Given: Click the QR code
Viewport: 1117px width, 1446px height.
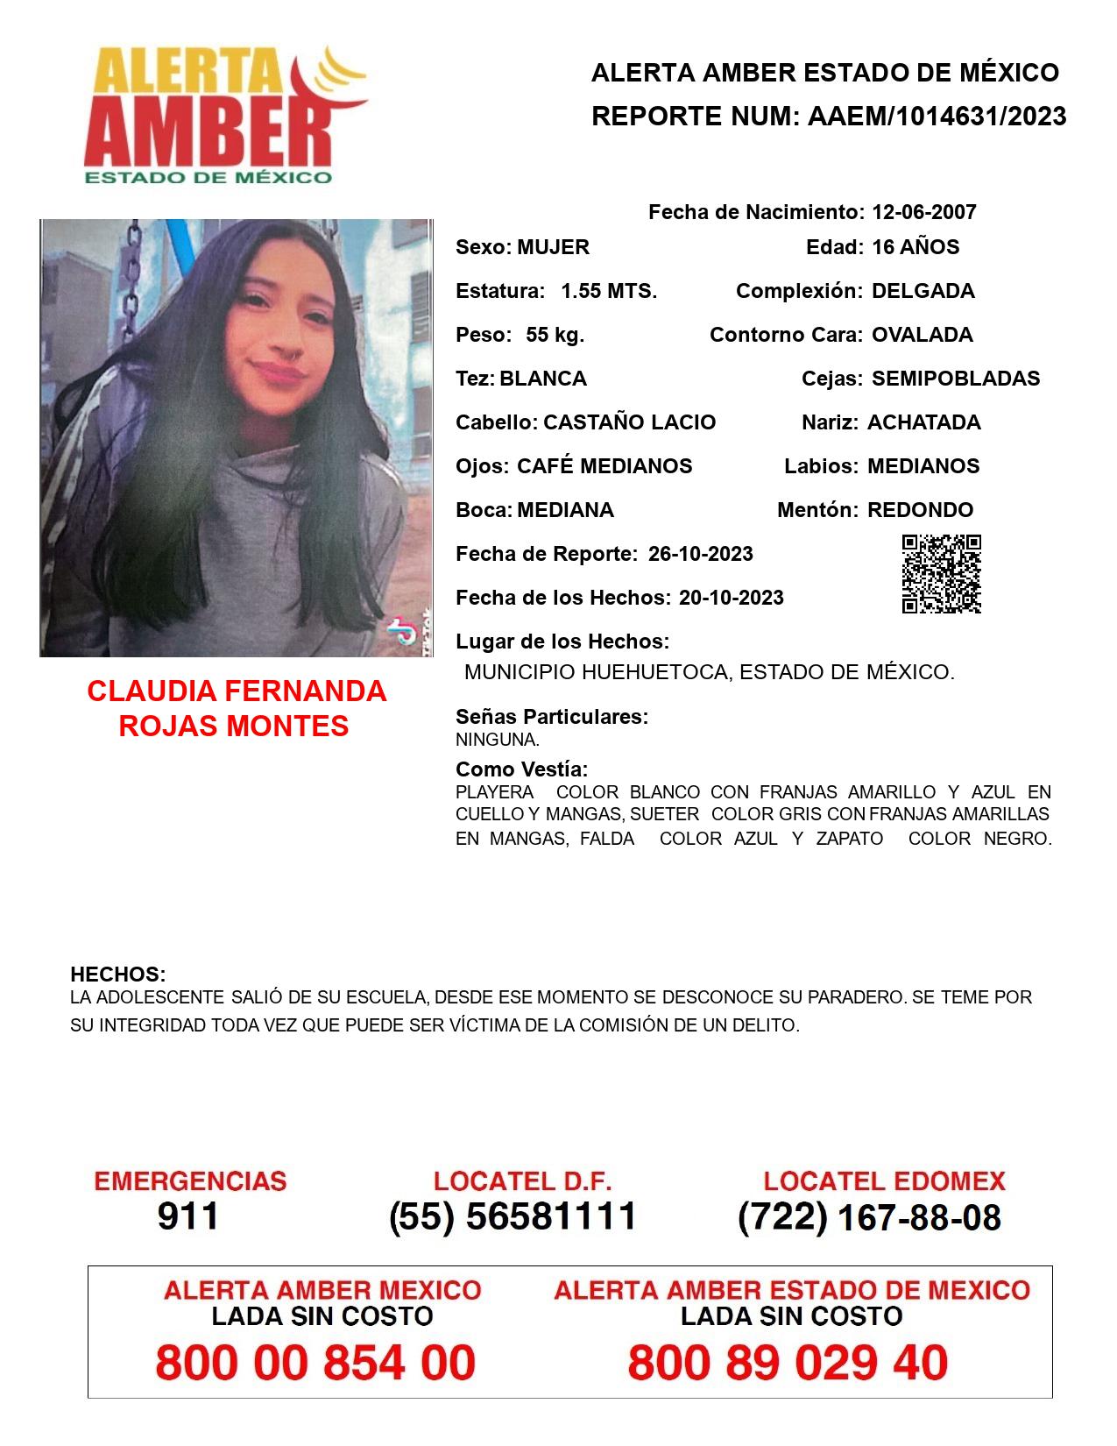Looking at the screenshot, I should pyautogui.click(x=941, y=574).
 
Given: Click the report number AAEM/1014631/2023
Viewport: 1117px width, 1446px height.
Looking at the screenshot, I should pyautogui.click(x=937, y=116).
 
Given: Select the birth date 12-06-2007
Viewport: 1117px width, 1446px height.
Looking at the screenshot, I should pyautogui.click(x=923, y=212).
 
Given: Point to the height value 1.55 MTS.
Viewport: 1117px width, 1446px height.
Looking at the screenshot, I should pyautogui.click(x=609, y=291).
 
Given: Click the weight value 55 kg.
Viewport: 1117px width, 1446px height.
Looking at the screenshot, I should pyautogui.click(x=555, y=335).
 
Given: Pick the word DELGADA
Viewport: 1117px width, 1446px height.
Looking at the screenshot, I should pyautogui.click(x=923, y=291).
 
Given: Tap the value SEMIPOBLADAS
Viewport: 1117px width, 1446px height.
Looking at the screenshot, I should pyautogui.click(x=955, y=379).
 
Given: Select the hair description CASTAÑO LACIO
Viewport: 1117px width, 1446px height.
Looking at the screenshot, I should pyautogui.click(x=629, y=422).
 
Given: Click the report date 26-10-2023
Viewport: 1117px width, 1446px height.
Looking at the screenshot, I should pyautogui.click(x=700, y=554).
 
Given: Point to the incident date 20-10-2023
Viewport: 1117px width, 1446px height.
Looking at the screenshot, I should pyautogui.click(x=731, y=598).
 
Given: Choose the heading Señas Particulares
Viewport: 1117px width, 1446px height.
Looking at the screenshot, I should pyautogui.click(x=551, y=717).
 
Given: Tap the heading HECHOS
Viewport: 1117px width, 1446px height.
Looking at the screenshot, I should pyautogui.click(x=117, y=975).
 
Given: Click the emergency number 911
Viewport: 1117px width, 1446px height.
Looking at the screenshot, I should pyautogui.click(x=188, y=1216).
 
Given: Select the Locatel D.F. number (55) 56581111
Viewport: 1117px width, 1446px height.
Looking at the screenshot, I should pyautogui.click(x=513, y=1216).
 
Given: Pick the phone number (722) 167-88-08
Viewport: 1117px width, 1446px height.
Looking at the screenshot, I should pyautogui.click(x=869, y=1217).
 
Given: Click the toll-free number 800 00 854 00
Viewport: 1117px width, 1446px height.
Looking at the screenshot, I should pyautogui.click(x=315, y=1363).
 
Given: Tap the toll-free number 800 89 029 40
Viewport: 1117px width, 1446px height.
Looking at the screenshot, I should pyautogui.click(x=788, y=1363).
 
